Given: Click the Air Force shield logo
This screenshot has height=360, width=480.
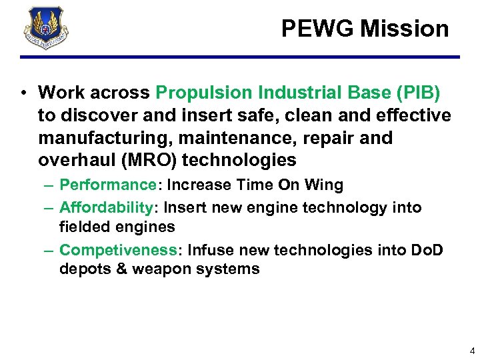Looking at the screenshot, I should coord(45,29).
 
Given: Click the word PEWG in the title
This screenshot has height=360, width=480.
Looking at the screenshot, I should coord(317,28).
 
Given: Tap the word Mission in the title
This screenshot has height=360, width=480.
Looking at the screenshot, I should coord(405,28).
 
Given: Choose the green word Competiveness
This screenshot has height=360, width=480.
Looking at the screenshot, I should coord(118,250).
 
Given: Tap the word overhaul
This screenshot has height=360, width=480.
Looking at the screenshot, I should coord(73,160).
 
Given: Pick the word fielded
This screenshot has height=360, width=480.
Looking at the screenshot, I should coord(82,227).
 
